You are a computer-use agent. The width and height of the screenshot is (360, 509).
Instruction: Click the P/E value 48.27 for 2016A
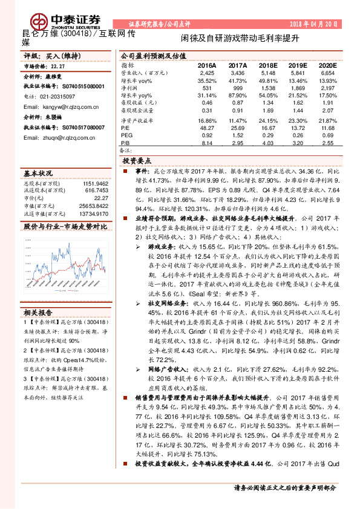tap(207, 128)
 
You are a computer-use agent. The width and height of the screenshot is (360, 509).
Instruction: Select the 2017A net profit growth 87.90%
tap(237, 96)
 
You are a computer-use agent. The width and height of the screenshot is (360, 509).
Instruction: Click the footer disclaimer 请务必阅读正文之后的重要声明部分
tap(285, 487)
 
